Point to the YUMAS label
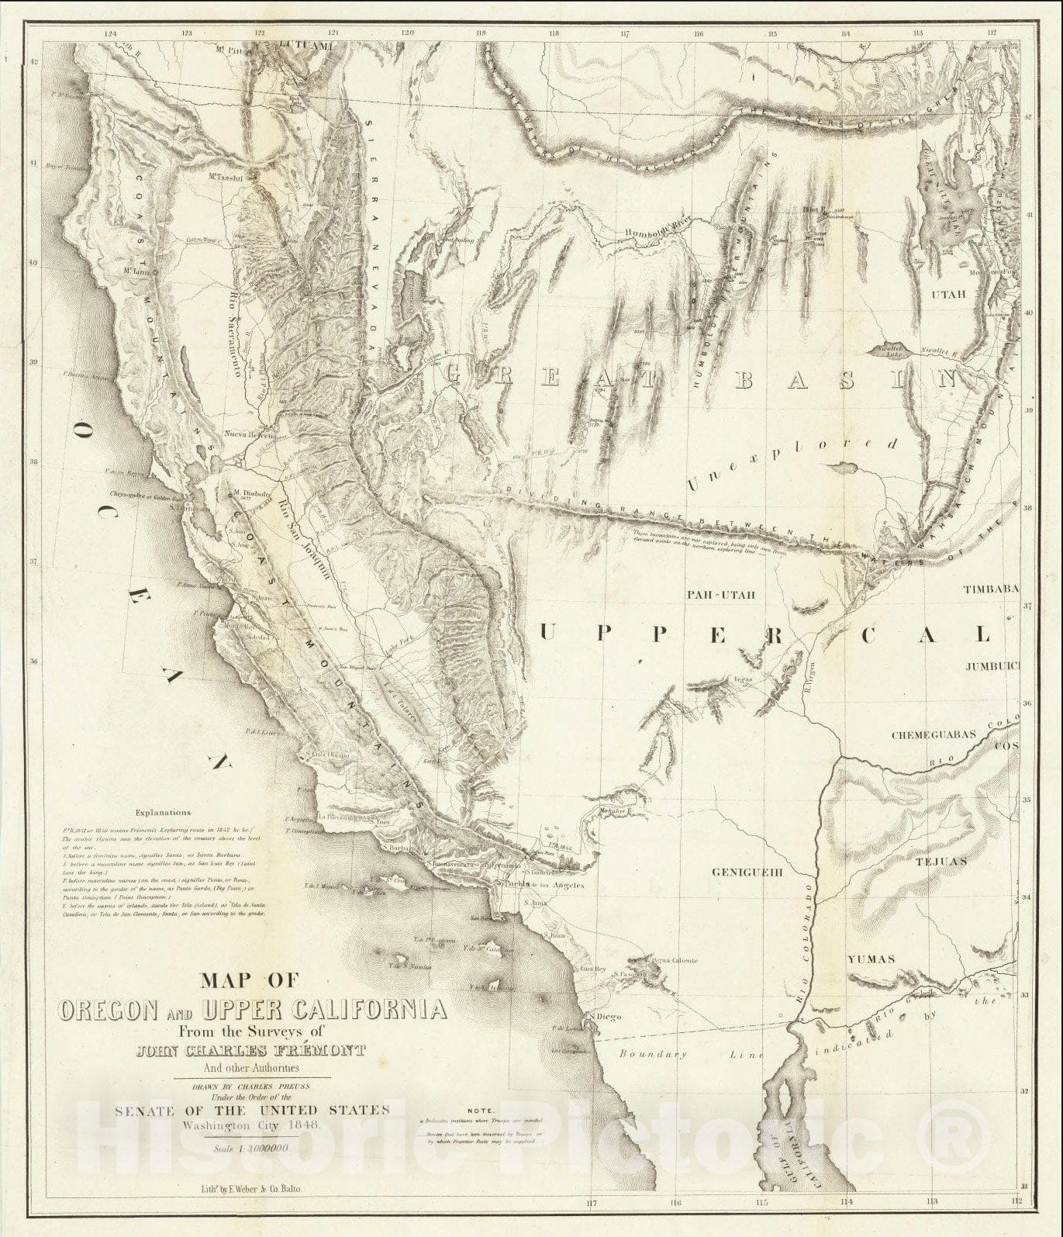[870, 959]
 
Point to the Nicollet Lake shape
[891, 351]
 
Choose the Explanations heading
[162, 813]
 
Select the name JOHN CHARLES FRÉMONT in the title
[269, 1052]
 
